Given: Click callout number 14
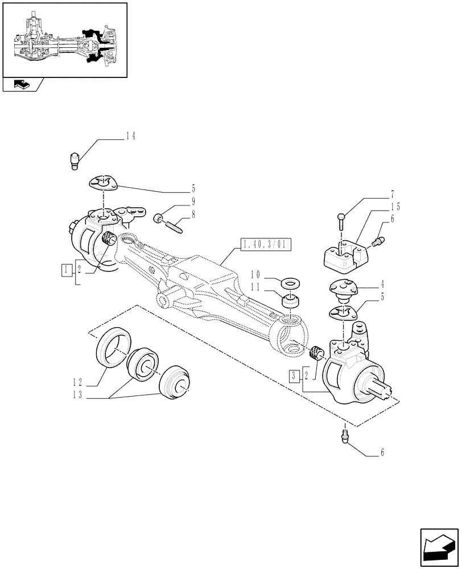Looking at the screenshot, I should (131, 136).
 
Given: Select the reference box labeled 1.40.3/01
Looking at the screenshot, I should (265, 245).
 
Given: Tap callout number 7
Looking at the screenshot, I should (393, 195).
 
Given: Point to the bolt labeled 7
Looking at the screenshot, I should (340, 220).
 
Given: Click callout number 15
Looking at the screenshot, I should (395, 206).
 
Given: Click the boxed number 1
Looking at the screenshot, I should (67, 268).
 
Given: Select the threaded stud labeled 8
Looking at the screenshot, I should (173, 224).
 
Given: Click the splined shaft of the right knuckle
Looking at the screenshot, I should (385, 393).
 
